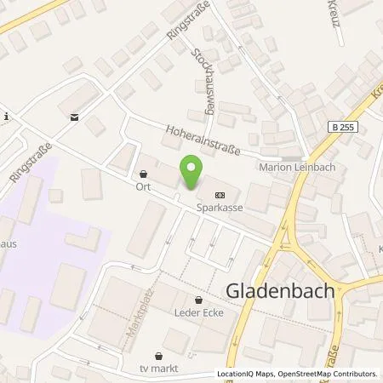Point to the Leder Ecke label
(199, 313)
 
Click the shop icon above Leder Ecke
(199, 300)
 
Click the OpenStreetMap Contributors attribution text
(329, 374)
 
